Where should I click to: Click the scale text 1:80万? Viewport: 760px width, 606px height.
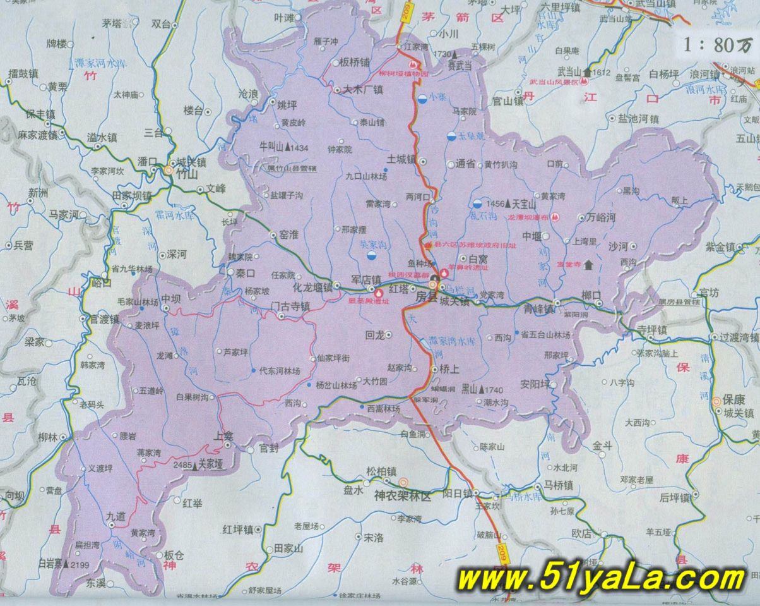[x=718, y=45]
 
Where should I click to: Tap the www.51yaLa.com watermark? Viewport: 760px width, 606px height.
[x=600, y=578]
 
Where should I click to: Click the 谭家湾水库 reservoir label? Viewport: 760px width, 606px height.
[x=451, y=341]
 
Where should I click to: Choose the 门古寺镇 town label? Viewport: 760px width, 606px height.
[x=289, y=306]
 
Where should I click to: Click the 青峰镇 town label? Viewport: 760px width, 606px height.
[x=538, y=310]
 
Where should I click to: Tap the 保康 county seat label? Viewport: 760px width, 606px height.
[x=734, y=400]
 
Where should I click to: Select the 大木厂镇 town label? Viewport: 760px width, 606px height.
[x=364, y=90]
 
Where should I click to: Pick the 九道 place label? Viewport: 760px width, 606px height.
[x=116, y=516]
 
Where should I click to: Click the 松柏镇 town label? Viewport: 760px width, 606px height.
[x=381, y=471]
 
